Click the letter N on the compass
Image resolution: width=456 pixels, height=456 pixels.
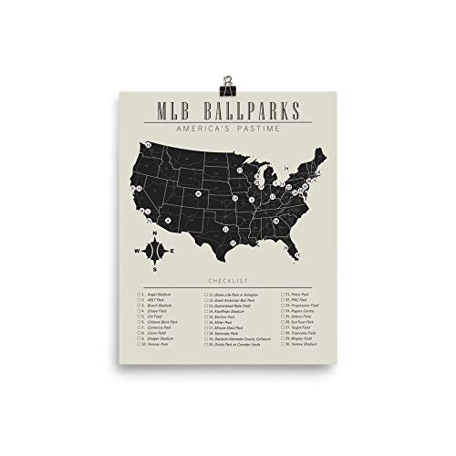click(x=155, y=235)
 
